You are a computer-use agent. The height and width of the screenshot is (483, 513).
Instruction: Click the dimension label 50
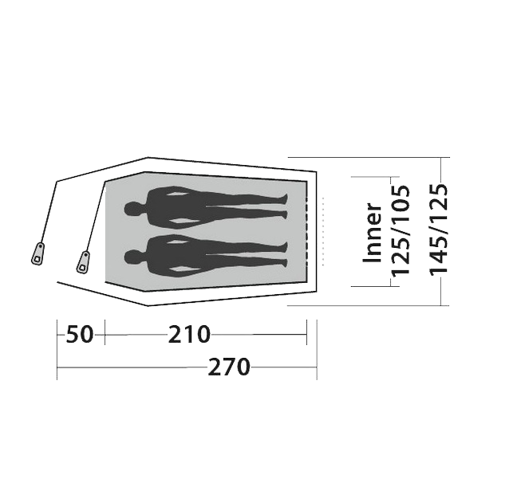pos(80,334)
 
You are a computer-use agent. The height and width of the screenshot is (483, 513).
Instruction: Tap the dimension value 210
pos(189,334)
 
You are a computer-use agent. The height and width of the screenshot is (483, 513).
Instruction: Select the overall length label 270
pos(229,367)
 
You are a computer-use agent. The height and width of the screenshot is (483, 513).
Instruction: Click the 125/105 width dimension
pos(401,231)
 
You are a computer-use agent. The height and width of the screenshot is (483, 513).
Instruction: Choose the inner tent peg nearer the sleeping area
pos(84,262)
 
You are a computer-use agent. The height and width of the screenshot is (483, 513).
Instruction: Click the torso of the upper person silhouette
pos(176,207)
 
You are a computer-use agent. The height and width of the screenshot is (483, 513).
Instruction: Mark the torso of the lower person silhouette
pos(176,255)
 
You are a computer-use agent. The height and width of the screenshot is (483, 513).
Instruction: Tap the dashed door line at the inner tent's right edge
pos(307,231)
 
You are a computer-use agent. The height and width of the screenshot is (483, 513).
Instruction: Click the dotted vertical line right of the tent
pos(323,231)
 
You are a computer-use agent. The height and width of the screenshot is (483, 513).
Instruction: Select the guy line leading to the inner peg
pos(96,216)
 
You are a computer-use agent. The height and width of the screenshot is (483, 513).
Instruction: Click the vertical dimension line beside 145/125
pos(441,231)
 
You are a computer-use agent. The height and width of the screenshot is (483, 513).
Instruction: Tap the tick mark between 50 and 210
pos(105,332)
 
